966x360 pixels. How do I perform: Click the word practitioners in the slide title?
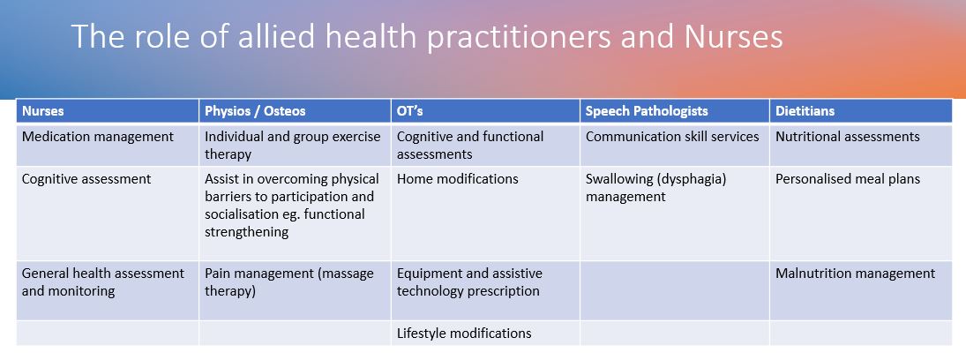tap(519, 36)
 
